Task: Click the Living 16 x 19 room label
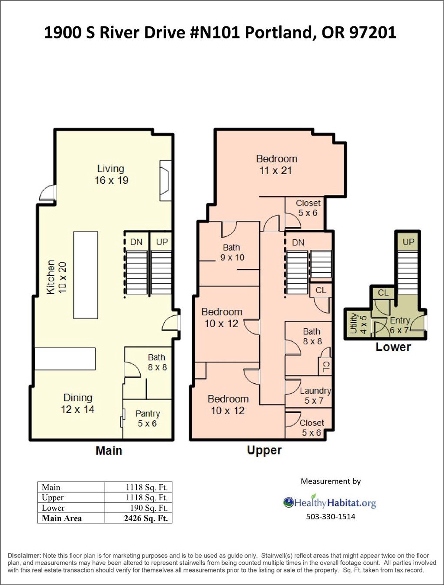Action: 111,175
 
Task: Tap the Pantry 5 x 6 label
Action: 148,418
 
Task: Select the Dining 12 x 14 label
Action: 77,404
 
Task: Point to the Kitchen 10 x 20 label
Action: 56,277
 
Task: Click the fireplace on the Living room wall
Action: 165,181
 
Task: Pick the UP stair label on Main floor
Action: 162,242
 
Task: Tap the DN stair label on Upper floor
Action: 298,242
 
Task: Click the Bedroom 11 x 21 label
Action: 277,165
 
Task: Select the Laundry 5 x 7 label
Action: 315,395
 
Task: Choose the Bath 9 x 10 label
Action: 232,252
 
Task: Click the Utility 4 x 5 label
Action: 358,323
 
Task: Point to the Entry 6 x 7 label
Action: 399,325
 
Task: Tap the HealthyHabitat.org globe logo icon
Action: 289,502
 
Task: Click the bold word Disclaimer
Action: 24,556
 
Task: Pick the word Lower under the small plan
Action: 393,347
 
